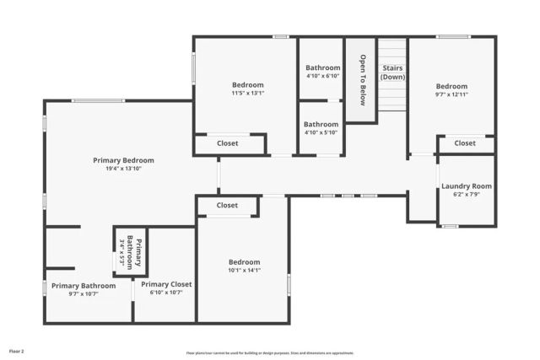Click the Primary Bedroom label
[123, 159]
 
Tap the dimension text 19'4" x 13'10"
[123, 169]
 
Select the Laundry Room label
[467, 186]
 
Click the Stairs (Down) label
[392, 72]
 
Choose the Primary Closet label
[166, 285]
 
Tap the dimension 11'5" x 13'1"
[248, 94]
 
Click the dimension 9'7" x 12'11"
[451, 95]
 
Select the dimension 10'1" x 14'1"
[244, 271]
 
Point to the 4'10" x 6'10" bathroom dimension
[322, 76]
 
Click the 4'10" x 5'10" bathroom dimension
[322, 132]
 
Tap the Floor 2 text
[17, 351]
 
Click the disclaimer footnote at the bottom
[270, 353]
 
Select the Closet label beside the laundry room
[465, 143]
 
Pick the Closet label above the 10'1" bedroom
[227, 205]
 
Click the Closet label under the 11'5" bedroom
[227, 143]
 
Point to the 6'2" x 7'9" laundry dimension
[467, 195]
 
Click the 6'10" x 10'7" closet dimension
[166, 294]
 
